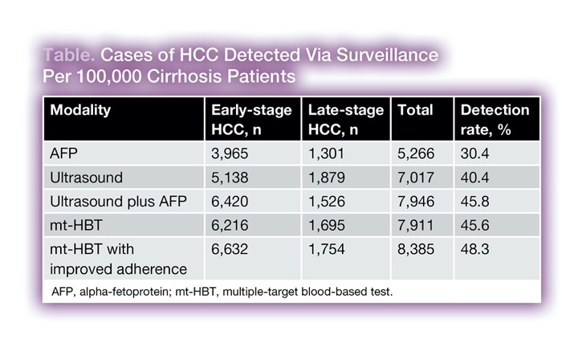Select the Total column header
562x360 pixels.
(x=415, y=111)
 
